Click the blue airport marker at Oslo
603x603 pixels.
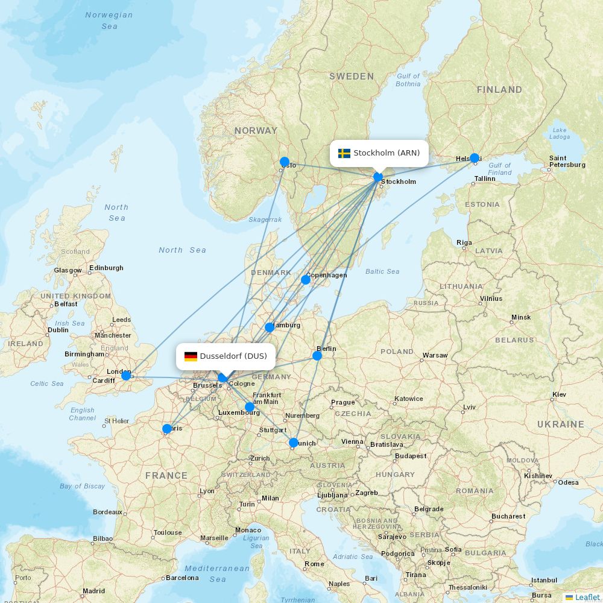[x=285, y=162]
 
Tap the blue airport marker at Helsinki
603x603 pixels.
[x=475, y=158]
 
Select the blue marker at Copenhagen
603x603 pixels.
[x=306, y=279]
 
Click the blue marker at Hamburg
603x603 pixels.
[x=270, y=327]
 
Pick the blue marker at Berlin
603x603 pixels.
[x=317, y=356]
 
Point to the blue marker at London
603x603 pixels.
[x=126, y=376]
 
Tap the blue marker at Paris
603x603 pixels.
[x=167, y=429]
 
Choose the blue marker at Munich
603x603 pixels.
[x=294, y=443]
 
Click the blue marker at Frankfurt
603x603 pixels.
[x=250, y=407]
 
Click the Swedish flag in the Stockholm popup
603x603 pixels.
[x=344, y=153]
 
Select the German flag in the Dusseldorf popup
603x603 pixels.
[x=191, y=356]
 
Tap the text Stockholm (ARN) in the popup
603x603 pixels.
[x=387, y=153]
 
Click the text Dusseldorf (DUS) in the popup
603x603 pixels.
[x=233, y=356]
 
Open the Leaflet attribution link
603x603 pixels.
[x=587, y=597]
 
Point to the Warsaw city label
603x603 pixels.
[x=435, y=355]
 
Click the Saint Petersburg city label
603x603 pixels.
[x=567, y=162]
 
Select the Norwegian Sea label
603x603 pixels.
[x=109, y=21]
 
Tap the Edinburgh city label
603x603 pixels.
[x=106, y=268]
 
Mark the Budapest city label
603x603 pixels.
[x=411, y=456]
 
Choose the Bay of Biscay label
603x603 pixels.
[x=82, y=486]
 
